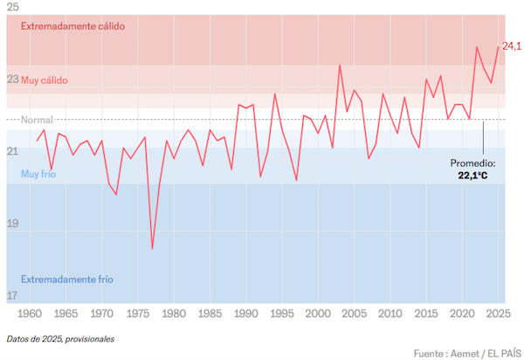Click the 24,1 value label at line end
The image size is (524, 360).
(512, 45)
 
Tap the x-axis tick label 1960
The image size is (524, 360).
(30, 313)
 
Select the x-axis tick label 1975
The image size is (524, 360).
(138, 313)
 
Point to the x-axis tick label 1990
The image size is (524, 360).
(246, 313)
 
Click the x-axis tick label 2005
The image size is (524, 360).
(355, 313)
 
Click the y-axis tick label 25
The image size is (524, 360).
(12, 7)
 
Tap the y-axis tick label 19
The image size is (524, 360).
(12, 224)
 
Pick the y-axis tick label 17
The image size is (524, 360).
(12, 295)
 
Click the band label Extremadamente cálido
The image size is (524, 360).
(73, 26)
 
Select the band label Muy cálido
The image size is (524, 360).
(44, 80)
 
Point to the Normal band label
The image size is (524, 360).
(37, 120)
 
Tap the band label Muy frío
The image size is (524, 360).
(38, 175)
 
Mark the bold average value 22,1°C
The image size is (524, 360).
(472, 176)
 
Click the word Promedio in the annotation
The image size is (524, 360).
(472, 163)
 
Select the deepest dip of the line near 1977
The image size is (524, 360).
(152, 249)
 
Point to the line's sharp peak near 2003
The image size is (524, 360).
(340, 65)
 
